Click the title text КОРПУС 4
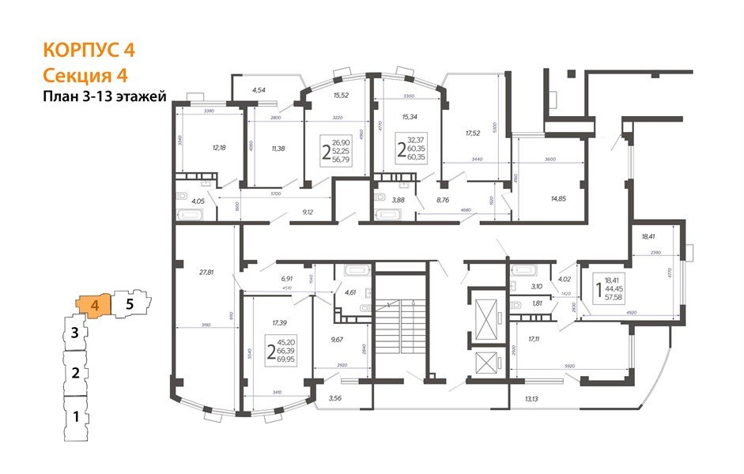tap(89, 49)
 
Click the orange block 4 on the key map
tap(93, 304)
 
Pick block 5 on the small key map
tap(131, 301)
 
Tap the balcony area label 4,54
tap(259, 91)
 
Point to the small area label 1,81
tap(537, 303)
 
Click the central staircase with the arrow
tap(401, 325)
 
